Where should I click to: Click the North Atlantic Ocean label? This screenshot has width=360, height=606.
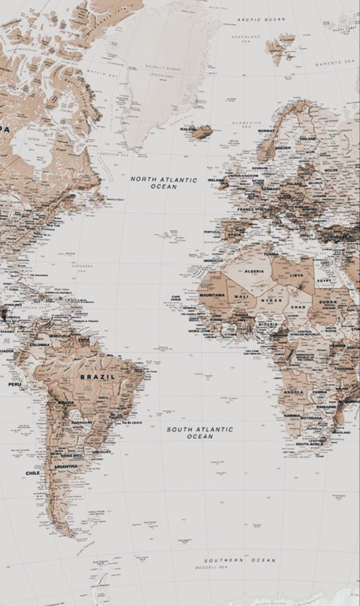point(164,183)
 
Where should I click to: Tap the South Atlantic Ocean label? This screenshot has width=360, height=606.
point(199,432)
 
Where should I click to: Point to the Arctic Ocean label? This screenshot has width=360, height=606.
point(261,19)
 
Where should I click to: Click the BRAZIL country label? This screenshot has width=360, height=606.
point(97,376)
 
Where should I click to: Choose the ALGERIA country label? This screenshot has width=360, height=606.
point(254,271)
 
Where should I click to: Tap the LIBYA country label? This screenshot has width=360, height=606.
point(297,275)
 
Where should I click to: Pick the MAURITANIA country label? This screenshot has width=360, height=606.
point(212,295)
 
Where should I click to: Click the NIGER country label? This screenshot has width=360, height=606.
point(271,301)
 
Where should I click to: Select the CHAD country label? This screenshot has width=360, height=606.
point(298,307)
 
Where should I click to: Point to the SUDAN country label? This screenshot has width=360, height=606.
point(328,301)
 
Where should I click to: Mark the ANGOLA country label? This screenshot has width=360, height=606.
point(293,391)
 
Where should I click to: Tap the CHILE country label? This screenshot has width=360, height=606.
point(33,473)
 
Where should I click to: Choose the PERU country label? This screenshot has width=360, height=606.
point(15,384)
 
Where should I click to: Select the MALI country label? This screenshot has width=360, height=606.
point(242,296)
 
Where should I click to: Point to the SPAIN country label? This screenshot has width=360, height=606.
point(235,234)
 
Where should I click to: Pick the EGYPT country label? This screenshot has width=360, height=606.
point(325,282)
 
